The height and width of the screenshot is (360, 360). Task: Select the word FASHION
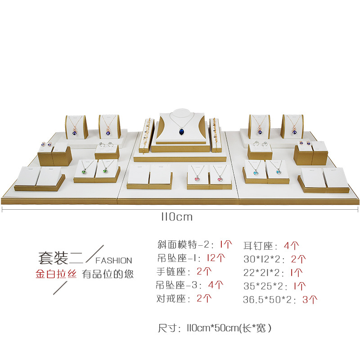pos(114,261)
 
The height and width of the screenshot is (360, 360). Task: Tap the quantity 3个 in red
pos(310,299)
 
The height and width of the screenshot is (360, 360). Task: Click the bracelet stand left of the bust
pos(146,133)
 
